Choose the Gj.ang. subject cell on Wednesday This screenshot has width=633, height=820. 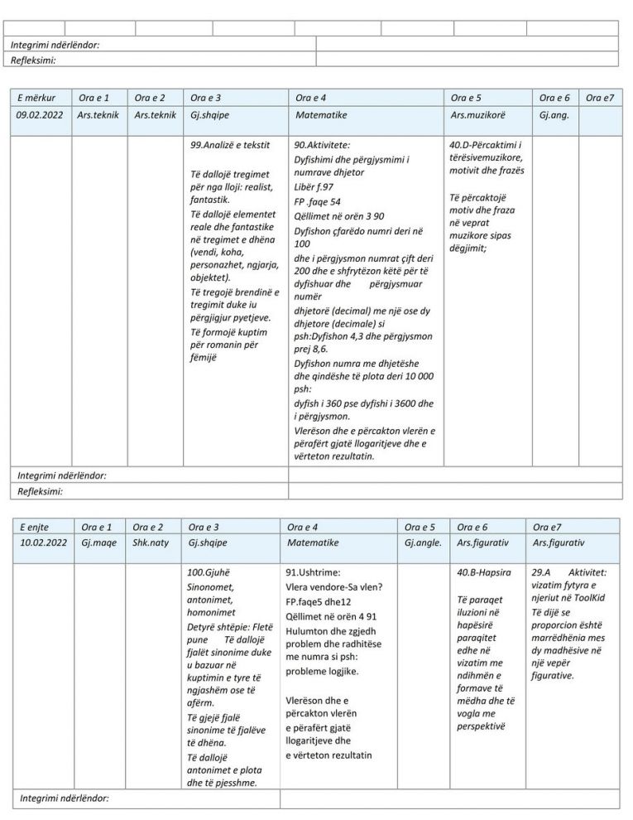[554, 115]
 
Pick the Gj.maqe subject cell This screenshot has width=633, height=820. [98, 543]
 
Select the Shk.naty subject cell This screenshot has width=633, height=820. [150, 543]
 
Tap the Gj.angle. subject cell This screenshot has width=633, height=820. [424, 543]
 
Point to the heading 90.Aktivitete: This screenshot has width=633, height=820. [322, 145]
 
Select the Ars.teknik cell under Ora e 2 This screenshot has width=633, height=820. [155, 115]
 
